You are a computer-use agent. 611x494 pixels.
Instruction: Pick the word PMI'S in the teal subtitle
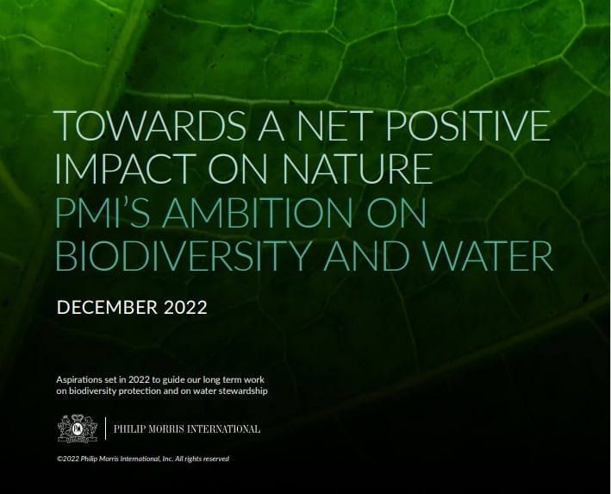(x=100, y=214)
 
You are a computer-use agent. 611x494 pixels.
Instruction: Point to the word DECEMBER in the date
(x=105, y=307)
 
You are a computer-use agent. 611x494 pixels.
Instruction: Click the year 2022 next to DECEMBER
(x=184, y=307)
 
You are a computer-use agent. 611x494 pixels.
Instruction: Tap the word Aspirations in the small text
(x=81, y=378)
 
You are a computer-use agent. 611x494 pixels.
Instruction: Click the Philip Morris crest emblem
(x=75, y=428)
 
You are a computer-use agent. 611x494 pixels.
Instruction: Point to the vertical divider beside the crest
(x=105, y=428)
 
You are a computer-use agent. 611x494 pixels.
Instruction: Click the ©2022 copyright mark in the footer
(x=65, y=459)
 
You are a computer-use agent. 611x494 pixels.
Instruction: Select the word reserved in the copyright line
(x=215, y=459)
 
